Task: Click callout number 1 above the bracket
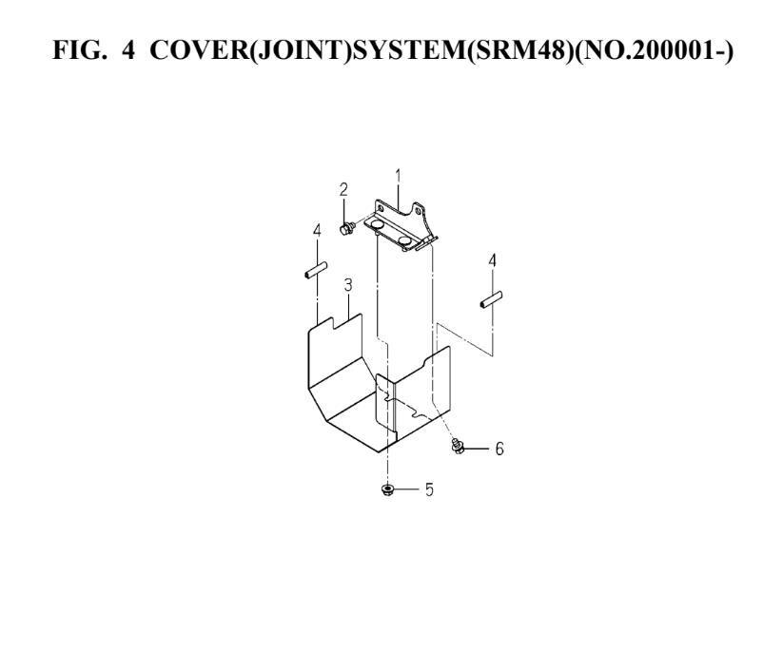(x=398, y=176)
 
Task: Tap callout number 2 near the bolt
(x=343, y=190)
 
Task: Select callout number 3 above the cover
(x=348, y=285)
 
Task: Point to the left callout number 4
(x=317, y=231)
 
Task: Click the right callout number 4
(x=493, y=260)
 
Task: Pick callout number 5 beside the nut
(x=429, y=489)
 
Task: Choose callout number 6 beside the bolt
(x=499, y=449)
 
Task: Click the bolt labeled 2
(x=346, y=229)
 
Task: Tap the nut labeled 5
(x=386, y=489)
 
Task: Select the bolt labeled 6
(x=458, y=446)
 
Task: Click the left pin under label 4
(x=316, y=270)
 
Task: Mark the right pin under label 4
(x=491, y=299)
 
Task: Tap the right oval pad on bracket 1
(x=406, y=242)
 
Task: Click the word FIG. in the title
(x=79, y=50)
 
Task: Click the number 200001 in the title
(x=675, y=50)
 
